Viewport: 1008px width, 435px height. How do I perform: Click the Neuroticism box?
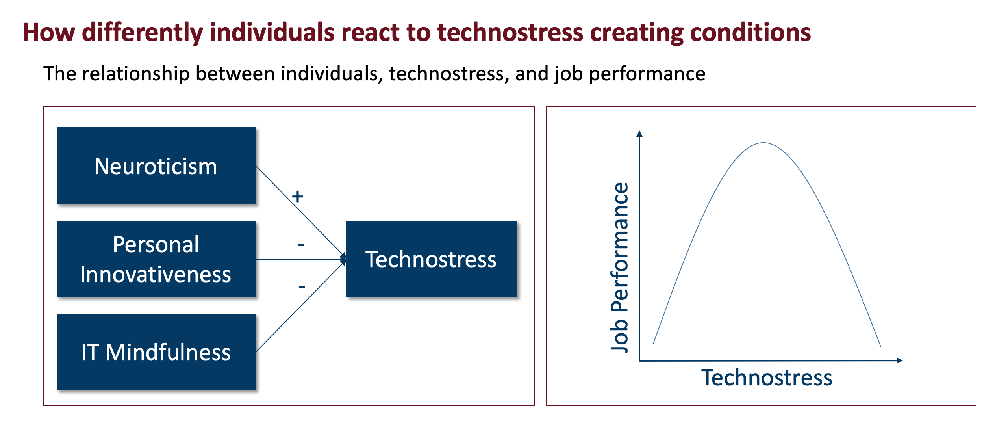tap(156, 166)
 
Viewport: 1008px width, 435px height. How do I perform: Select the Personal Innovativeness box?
tap(156, 259)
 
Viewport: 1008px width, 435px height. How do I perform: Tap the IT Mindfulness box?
tap(156, 352)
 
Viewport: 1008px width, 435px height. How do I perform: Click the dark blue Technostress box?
tap(432, 259)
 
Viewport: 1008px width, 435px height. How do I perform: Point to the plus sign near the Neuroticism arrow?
tap(298, 196)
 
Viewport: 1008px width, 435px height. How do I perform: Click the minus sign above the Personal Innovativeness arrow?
tap(301, 245)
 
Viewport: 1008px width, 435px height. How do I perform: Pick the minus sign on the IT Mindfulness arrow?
tap(302, 287)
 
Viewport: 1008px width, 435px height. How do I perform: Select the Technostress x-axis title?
tap(767, 377)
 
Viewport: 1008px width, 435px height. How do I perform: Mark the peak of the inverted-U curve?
tap(763, 143)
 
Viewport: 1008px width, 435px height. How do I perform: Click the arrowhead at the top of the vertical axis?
tap(639, 134)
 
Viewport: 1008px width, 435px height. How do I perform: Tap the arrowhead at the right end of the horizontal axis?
tap(899, 361)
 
